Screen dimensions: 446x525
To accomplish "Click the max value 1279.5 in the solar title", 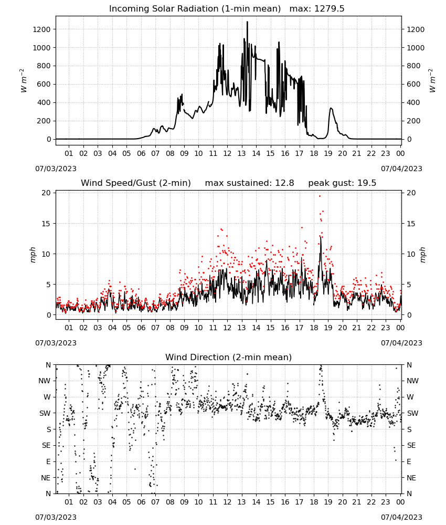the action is (x=330, y=9).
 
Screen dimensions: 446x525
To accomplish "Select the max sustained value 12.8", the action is (x=285, y=183).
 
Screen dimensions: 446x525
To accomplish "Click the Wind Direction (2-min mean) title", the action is (x=229, y=357).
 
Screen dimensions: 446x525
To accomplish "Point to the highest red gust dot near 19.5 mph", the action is (x=320, y=196).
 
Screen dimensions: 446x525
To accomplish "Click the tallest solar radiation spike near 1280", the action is (x=247, y=22).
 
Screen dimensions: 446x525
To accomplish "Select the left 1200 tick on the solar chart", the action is (x=41, y=29).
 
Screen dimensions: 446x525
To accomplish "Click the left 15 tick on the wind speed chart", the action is (x=46, y=224).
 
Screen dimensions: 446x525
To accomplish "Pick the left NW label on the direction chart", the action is (x=44, y=381).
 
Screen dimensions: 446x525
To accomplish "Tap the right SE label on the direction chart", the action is (x=411, y=445).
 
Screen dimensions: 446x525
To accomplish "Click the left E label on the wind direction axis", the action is (x=48, y=461).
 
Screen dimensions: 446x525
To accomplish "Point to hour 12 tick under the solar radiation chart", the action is (x=228, y=153).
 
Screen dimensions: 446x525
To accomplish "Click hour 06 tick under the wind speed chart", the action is (x=141, y=328).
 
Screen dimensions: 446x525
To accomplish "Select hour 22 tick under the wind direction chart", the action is (x=371, y=502).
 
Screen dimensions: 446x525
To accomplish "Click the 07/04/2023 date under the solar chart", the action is (x=401, y=169).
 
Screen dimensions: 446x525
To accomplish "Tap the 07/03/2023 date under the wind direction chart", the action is (x=56, y=517).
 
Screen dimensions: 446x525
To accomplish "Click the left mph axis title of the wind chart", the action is (x=33, y=255).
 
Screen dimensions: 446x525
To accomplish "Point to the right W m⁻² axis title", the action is (x=432, y=81).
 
